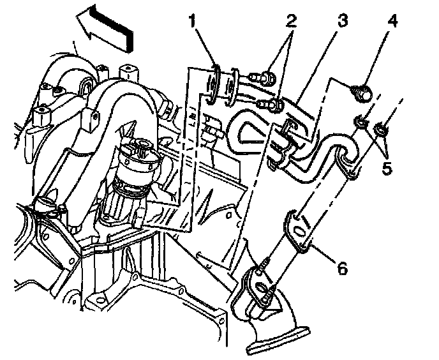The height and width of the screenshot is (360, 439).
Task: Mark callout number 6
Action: pos(341,269)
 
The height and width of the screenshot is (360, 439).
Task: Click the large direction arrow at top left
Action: pos(105,27)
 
